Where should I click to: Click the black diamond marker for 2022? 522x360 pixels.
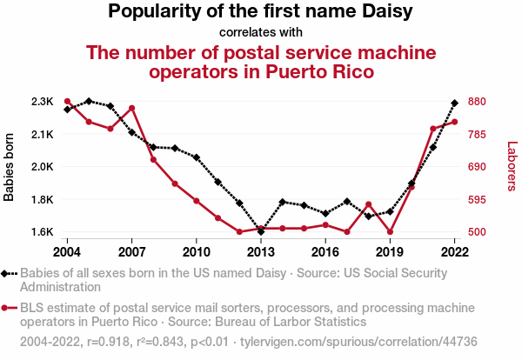tap(454, 103)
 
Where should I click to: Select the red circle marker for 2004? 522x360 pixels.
tap(67, 102)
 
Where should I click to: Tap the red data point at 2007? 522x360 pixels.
tap(131, 108)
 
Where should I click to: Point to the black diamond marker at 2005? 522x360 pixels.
tap(89, 101)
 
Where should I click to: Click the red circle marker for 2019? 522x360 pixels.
tap(390, 232)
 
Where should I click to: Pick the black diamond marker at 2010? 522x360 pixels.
tap(197, 157)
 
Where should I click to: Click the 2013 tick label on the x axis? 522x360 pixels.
tap(261, 251)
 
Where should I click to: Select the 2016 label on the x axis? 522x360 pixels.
tap(325, 251)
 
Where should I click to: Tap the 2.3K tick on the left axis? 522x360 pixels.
tap(41, 102)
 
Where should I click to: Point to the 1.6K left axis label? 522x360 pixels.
tap(41, 232)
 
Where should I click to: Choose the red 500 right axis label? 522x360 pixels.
tap(478, 232)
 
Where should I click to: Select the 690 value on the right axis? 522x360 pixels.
tap(478, 167)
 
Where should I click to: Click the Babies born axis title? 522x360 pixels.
tap(10, 167)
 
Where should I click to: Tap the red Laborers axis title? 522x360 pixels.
tap(512, 167)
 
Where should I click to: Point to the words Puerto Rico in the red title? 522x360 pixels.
tap(311, 71)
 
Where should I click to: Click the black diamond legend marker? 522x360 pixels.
tap(10, 273)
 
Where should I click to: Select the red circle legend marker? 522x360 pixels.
tap(10, 308)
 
